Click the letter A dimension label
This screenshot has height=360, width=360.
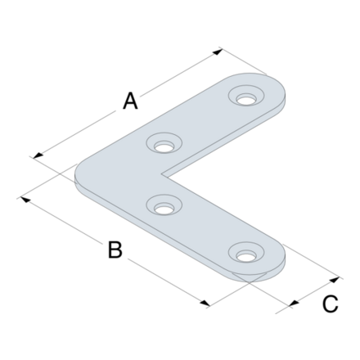coord(129,101)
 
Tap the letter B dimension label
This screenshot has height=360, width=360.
coord(115,250)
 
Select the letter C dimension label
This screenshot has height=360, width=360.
coord(329,304)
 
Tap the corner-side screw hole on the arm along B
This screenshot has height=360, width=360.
coord(164,206)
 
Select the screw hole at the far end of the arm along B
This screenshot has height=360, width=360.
coord(245,254)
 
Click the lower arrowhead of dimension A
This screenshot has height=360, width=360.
coord(34,155)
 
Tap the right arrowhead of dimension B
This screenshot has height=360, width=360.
coord(210,304)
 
